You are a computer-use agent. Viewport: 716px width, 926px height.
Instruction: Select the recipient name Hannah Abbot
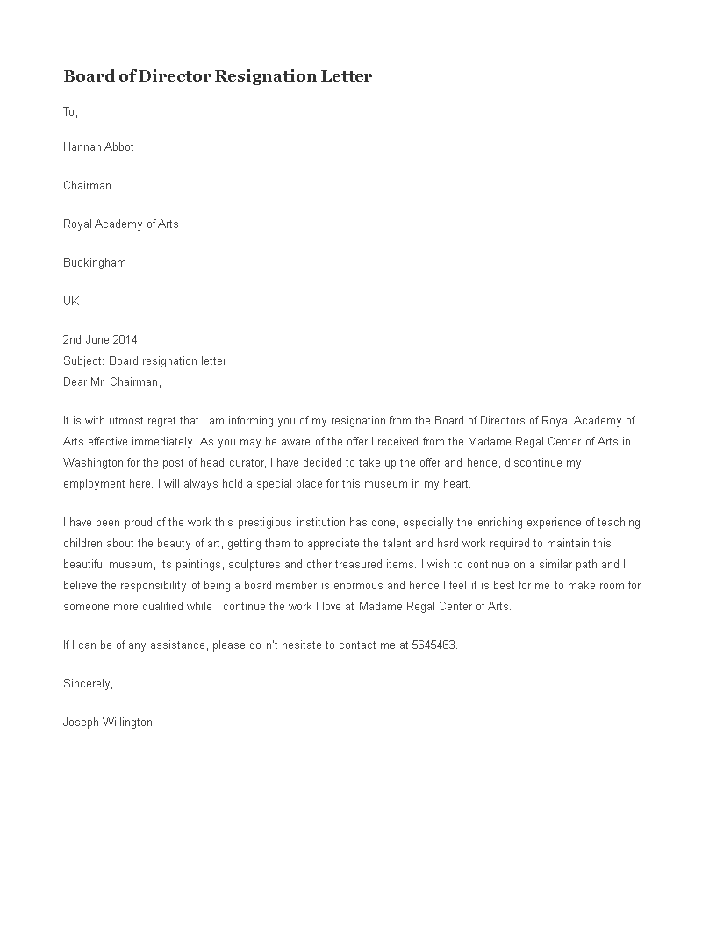coord(98,147)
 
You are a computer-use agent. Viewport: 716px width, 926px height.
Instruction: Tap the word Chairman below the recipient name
coord(87,186)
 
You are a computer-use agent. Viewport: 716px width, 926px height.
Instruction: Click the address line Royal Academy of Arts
coord(120,224)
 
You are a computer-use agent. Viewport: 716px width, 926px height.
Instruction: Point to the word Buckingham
coord(94,263)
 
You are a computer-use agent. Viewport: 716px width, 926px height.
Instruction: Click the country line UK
coord(71,302)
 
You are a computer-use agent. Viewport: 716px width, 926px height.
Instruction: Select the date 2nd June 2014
coord(100,340)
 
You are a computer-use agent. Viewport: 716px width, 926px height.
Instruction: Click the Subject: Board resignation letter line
coord(145,361)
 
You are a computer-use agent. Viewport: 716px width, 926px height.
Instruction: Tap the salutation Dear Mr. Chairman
coord(112,382)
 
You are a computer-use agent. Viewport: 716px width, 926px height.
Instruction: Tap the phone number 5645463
coord(434,645)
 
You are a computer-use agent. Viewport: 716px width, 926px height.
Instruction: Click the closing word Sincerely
coord(88,684)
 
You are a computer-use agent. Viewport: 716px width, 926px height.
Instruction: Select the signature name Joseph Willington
coord(108,723)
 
